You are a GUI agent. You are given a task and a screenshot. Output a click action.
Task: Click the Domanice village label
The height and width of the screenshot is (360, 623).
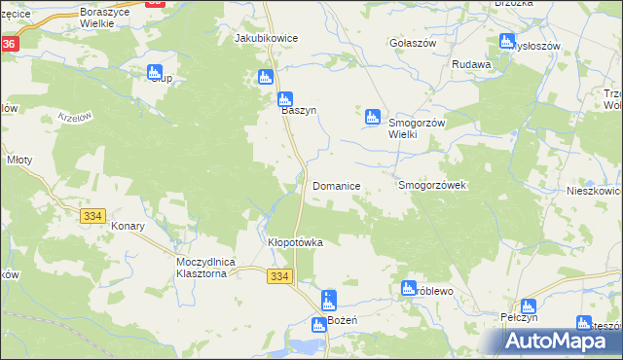(337, 185)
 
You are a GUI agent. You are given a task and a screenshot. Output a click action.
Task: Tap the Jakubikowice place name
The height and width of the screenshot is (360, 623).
(266, 38)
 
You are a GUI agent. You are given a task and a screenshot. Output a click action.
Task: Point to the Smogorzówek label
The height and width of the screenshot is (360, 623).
(434, 185)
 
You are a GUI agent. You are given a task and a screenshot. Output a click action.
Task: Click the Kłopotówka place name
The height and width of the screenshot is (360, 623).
(295, 242)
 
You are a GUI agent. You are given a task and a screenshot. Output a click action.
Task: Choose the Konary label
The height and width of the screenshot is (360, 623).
(128, 226)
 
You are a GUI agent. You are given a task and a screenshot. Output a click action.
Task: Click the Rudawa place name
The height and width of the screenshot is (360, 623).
(471, 65)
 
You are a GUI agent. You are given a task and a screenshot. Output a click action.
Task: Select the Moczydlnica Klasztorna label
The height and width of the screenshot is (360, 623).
(202, 269)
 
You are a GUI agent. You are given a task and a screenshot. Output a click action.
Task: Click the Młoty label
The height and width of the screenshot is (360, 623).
(19, 160)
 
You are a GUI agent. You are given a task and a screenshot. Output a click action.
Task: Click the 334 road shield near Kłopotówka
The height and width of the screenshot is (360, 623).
(280, 277)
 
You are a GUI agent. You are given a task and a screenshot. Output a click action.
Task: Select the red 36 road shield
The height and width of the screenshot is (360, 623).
(9, 45)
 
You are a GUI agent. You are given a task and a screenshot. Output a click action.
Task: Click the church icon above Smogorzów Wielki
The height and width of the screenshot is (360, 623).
(372, 118)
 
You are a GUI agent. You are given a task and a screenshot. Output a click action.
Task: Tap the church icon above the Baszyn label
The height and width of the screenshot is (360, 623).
(285, 98)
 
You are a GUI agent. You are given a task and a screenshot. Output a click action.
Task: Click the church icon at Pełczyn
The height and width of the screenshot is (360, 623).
(529, 306)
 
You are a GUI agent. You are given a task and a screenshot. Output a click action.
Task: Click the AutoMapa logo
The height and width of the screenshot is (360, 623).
(564, 340)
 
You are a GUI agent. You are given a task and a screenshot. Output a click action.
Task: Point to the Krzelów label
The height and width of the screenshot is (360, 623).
(74, 117)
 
